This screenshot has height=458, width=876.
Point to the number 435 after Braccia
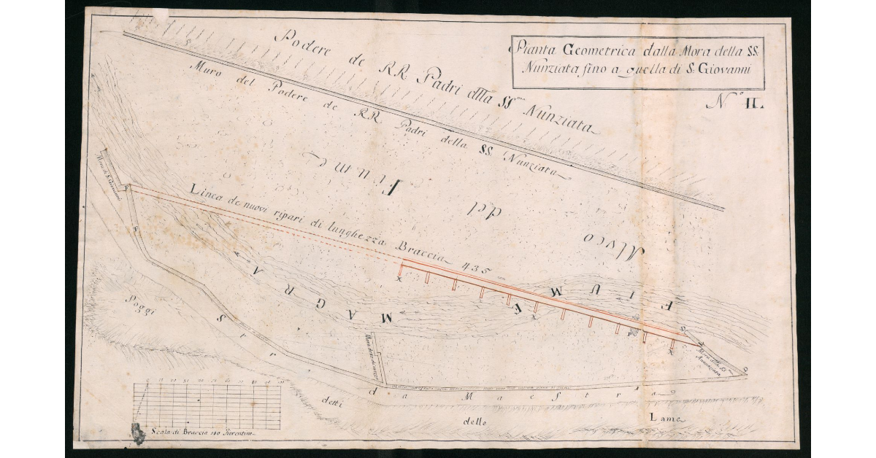point(477,271)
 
